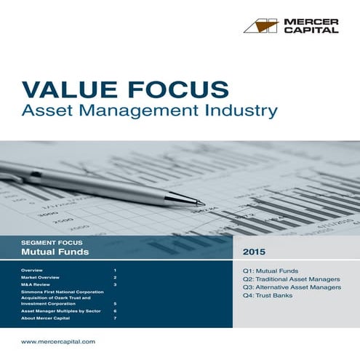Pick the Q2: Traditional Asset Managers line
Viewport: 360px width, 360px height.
pyautogui.click(x=291, y=279)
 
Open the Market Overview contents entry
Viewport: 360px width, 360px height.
pyautogui.click(x=40, y=278)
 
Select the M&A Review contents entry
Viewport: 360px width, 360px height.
pyautogui.click(x=36, y=286)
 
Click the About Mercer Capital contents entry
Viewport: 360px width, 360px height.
pyautogui.click(x=46, y=319)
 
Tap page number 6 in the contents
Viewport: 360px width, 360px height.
pyautogui.click(x=115, y=311)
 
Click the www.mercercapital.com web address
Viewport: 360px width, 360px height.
pyautogui.click(x=58, y=341)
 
